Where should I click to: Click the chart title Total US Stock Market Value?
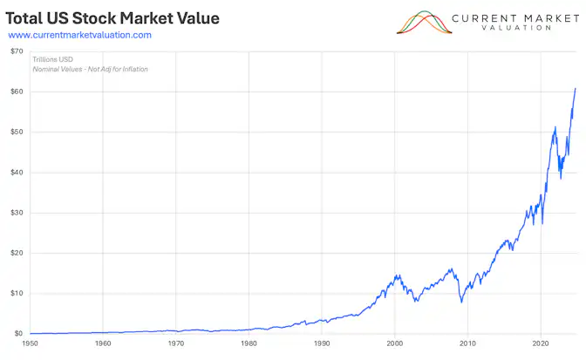tap(113, 18)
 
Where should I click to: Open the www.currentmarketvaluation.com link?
tap(79, 35)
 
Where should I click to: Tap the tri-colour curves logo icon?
tap(425, 22)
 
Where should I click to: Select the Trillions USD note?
tap(52, 59)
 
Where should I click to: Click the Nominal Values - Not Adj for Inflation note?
tap(90, 69)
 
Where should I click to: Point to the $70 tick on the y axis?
tap(17, 51)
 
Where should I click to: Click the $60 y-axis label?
tap(17, 92)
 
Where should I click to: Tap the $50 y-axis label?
tap(17, 132)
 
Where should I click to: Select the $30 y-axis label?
tap(17, 213)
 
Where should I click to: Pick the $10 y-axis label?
tap(17, 293)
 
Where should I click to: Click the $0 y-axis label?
tap(18, 334)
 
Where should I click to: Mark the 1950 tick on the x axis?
tap(31, 344)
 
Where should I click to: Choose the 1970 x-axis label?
tap(176, 344)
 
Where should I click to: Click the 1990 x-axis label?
tap(322, 344)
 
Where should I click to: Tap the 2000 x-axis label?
tap(395, 344)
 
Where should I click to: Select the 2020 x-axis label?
tap(541, 344)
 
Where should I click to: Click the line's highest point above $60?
tap(575, 88)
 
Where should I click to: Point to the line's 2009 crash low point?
tap(460, 302)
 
